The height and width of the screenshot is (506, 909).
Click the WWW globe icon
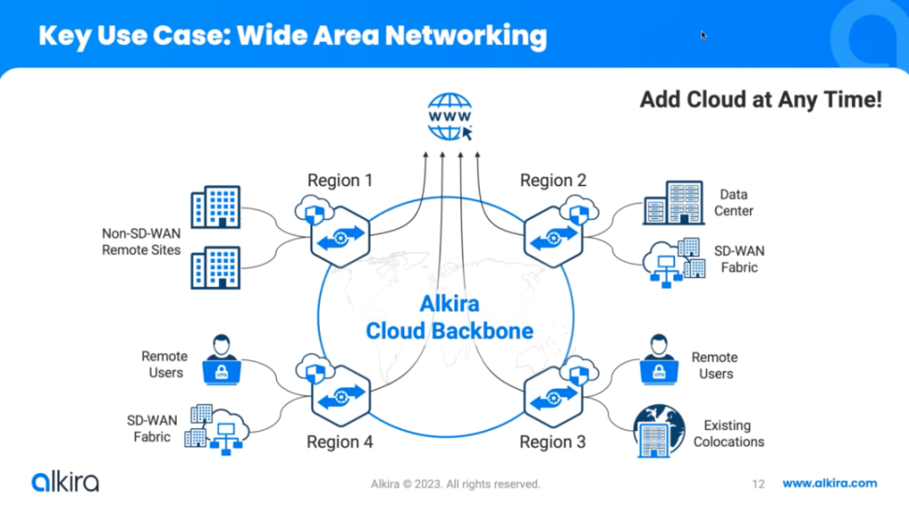click(x=449, y=116)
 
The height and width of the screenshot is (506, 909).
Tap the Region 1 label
click(x=340, y=180)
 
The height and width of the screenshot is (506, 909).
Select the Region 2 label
click(x=554, y=180)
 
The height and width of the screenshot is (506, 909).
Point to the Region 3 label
click(x=553, y=441)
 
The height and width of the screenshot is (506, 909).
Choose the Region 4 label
click(x=339, y=441)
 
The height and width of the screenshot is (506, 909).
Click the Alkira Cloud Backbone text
click(x=449, y=317)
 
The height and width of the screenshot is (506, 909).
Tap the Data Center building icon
click(x=673, y=203)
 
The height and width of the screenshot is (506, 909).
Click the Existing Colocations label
click(x=729, y=433)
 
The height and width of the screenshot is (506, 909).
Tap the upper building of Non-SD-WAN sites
click(x=215, y=207)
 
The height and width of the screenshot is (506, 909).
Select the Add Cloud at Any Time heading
click(x=760, y=100)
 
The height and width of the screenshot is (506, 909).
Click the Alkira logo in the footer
click(x=65, y=482)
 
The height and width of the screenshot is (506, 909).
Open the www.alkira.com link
click(x=830, y=483)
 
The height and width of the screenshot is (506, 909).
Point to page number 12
click(x=758, y=484)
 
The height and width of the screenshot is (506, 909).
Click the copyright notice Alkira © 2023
click(x=455, y=484)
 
